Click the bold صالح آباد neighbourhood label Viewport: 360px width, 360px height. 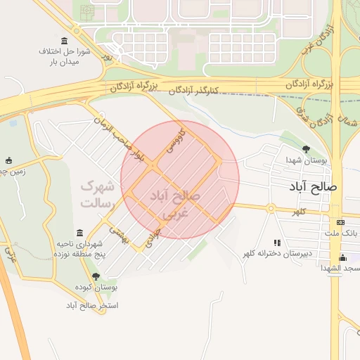[x=314, y=187]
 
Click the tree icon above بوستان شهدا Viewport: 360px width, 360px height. [x=306, y=149]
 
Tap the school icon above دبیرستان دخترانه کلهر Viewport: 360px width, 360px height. [x=275, y=241]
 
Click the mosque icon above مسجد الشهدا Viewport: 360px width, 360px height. [x=342, y=257]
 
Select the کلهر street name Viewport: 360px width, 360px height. [x=300, y=212]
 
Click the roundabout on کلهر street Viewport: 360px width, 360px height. [x=270, y=207]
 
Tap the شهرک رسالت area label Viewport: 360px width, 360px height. [x=97, y=194]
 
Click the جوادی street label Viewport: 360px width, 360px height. [x=153, y=236]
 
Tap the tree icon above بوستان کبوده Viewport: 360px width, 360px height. [x=96, y=276]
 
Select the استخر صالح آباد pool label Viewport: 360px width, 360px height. [x=92, y=306]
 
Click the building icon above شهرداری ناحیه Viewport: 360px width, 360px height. [x=79, y=233]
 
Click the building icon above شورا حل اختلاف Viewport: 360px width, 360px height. [x=65, y=40]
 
